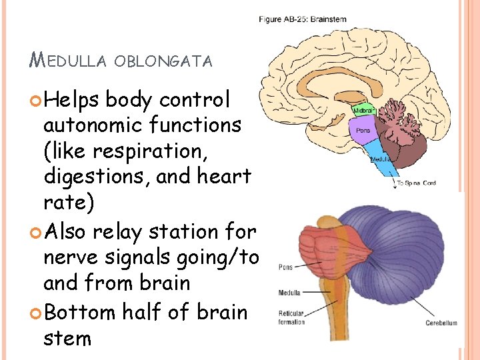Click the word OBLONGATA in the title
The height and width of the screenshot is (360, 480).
(163, 62)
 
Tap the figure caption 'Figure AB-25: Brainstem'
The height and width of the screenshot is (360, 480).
(303, 19)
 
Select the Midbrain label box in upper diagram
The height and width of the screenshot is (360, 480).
(363, 110)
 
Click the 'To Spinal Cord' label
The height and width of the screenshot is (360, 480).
(417, 183)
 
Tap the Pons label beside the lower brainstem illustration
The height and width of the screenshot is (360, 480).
(286, 268)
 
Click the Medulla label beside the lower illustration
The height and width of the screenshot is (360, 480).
(290, 293)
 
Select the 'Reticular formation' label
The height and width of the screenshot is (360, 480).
(292, 319)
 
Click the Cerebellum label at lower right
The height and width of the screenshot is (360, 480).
(441, 323)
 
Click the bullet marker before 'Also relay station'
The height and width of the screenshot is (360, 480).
(35, 233)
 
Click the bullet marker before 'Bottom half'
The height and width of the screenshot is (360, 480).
(35, 312)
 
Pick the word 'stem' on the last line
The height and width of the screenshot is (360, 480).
(67, 338)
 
